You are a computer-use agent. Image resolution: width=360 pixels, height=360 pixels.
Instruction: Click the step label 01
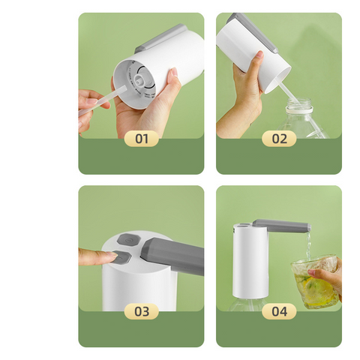point(142,139)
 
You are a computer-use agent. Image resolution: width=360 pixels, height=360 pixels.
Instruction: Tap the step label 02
point(279,139)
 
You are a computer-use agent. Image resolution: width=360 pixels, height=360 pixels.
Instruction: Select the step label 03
point(142,311)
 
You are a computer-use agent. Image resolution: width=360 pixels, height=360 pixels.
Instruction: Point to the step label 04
point(279,311)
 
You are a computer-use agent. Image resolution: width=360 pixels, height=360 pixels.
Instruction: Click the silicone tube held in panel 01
point(103,100)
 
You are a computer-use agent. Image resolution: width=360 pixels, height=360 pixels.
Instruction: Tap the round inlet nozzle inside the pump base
point(138,79)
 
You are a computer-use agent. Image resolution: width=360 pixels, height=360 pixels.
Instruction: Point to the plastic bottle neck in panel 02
point(299,106)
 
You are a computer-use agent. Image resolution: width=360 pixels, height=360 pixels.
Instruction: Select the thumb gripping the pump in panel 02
point(258,62)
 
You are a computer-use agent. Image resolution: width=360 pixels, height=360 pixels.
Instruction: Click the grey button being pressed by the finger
point(122,257)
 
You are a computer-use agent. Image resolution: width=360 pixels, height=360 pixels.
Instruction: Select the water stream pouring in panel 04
point(309,246)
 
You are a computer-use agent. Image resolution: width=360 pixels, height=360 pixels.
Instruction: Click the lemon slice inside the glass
point(316,289)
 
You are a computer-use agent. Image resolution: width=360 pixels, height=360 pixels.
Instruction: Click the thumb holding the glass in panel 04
point(316,272)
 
